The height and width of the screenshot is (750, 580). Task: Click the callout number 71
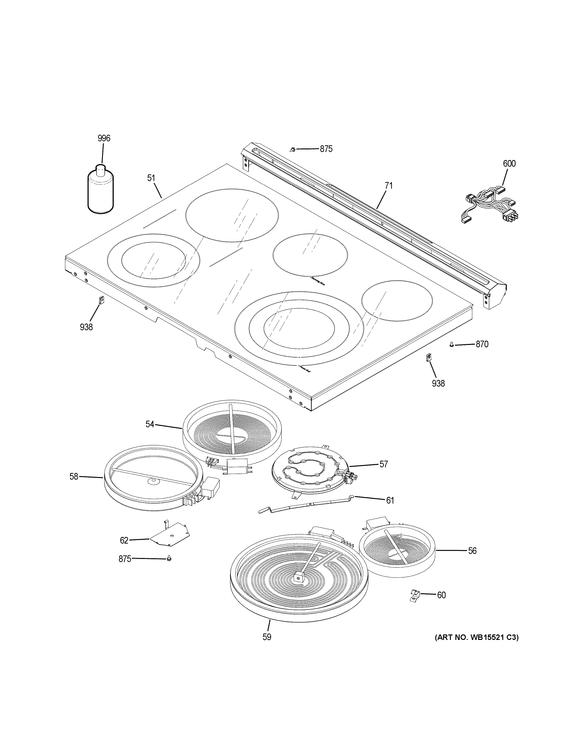coord(388,186)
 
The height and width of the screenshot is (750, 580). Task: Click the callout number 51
coord(151,178)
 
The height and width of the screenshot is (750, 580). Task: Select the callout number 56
coord(472,550)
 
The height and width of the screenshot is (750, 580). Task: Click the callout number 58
coord(74,476)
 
